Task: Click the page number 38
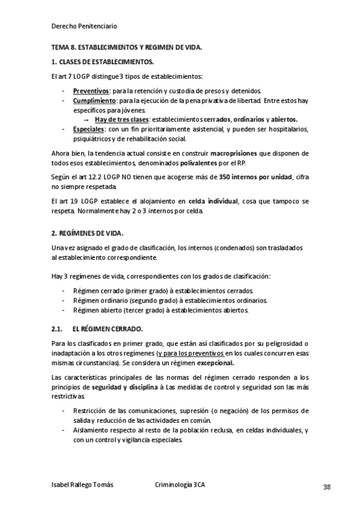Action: [327, 487]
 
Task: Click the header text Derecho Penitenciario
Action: [85, 26]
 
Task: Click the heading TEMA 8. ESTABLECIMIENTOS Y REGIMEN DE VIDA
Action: [127, 48]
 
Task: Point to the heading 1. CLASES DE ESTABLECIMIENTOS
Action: [102, 62]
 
